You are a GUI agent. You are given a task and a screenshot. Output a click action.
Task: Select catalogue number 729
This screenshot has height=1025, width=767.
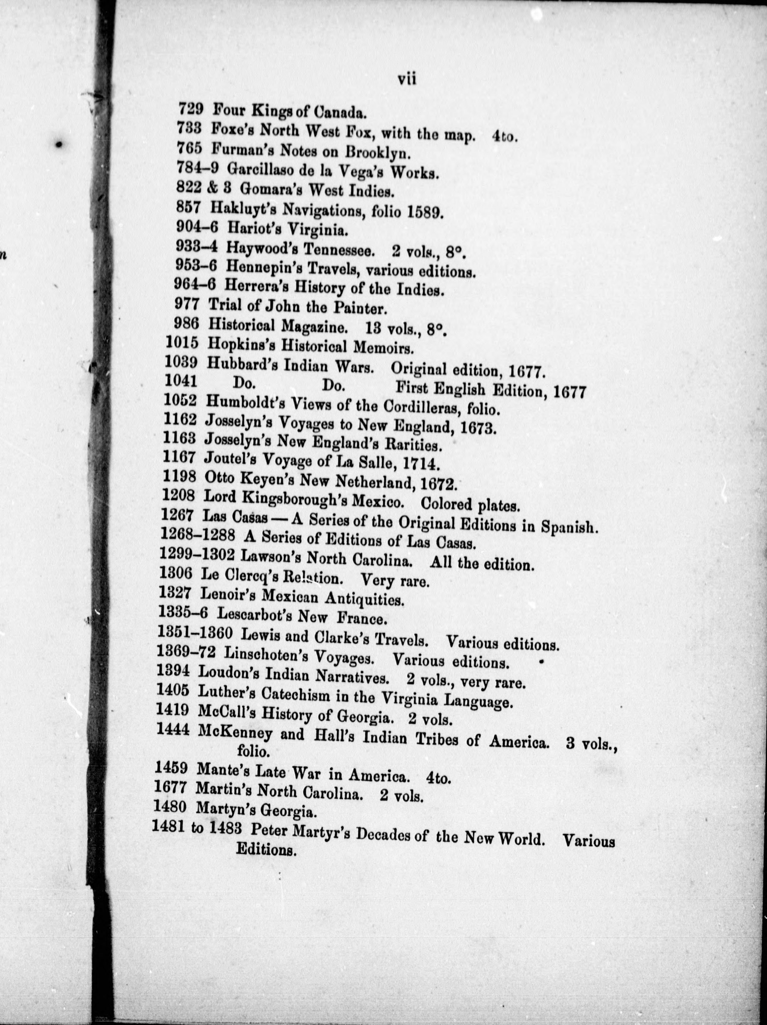click(x=191, y=110)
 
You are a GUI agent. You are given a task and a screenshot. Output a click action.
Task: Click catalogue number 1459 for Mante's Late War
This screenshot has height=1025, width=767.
click(x=171, y=768)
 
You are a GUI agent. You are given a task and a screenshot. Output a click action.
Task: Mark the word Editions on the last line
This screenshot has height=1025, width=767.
click(x=266, y=850)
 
